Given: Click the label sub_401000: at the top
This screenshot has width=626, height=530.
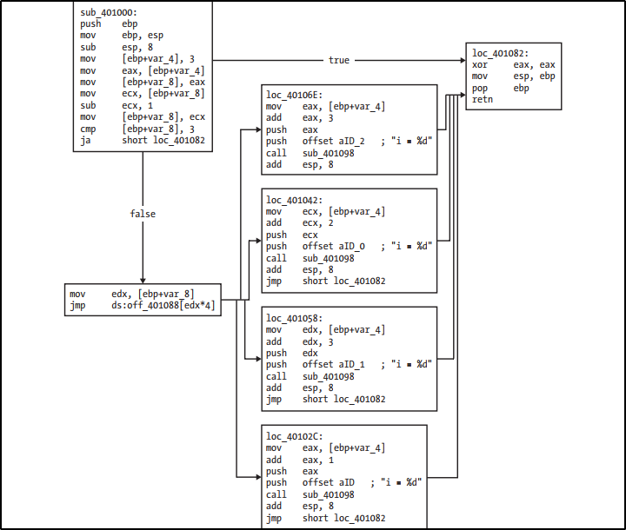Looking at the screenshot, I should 109,12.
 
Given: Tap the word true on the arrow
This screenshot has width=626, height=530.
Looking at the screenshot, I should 339,60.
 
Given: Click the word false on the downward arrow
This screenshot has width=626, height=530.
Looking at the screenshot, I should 143,214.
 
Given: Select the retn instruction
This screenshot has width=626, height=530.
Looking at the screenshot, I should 483,100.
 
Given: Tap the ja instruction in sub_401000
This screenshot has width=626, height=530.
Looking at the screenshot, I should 85,140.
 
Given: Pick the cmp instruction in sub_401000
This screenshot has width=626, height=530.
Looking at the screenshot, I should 88,128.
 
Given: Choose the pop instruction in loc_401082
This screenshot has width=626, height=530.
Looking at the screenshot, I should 480,88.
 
